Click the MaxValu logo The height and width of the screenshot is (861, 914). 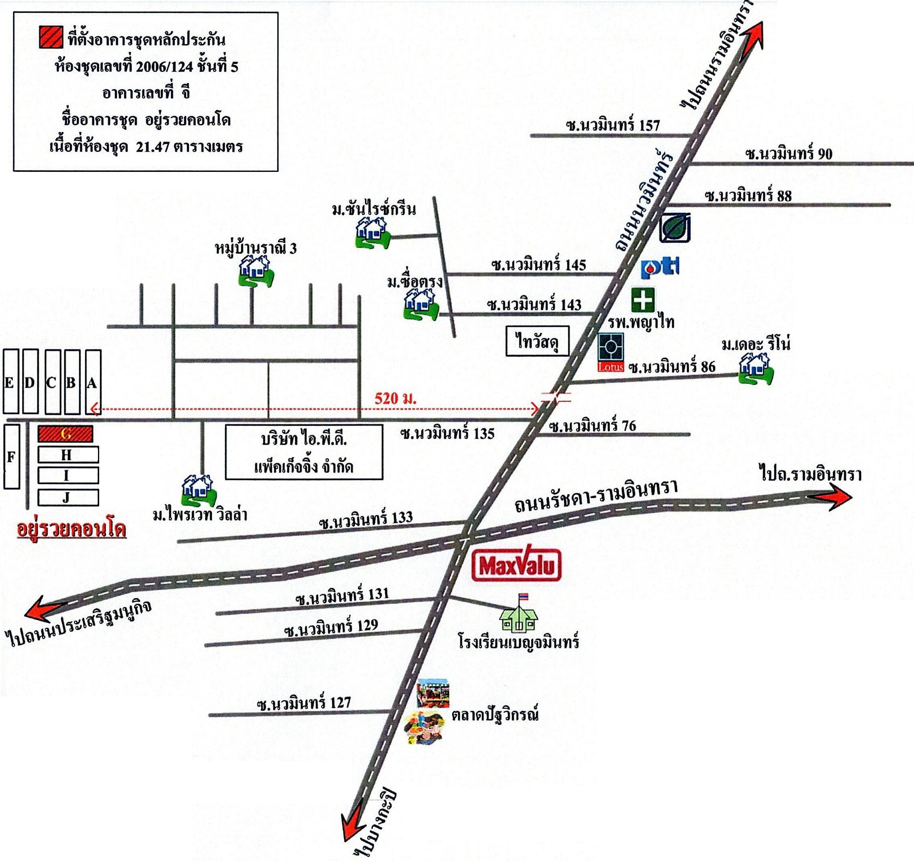tap(517, 565)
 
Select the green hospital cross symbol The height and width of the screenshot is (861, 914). tap(643, 300)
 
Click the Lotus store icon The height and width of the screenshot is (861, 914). tap(610, 352)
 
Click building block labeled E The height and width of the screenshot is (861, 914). tap(11, 382)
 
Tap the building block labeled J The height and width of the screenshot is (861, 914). tap(68, 498)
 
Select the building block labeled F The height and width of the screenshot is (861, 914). tap(12, 456)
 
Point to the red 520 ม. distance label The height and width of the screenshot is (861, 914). tap(396, 398)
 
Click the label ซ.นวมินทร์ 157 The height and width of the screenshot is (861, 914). tap(613, 125)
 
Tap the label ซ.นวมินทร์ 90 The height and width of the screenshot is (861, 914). tap(788, 153)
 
